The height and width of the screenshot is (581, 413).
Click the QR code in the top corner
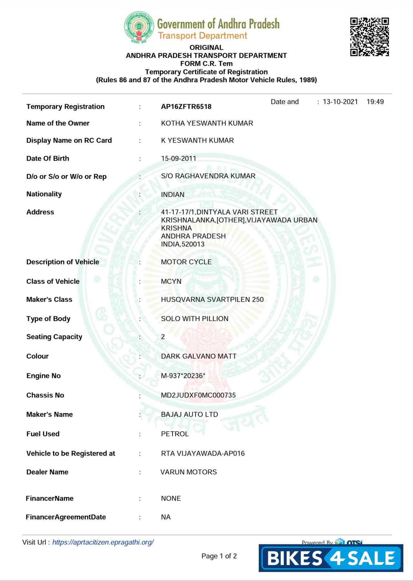(x=369, y=37)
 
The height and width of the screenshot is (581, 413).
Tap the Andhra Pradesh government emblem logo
(x=139, y=27)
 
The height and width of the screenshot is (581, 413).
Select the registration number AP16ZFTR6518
(x=186, y=107)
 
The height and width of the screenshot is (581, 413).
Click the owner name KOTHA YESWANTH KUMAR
(x=207, y=123)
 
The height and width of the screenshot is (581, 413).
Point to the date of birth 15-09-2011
(x=178, y=158)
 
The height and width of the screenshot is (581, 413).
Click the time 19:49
(x=375, y=102)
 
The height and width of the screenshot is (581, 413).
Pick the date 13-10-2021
(x=340, y=102)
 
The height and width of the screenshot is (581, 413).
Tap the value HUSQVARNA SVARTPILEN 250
(x=212, y=299)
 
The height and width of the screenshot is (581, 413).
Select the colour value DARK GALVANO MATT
(x=198, y=356)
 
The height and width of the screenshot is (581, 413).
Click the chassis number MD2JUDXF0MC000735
(x=198, y=395)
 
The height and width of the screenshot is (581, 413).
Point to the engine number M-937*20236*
(x=183, y=376)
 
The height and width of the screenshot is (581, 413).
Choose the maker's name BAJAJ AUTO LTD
(x=189, y=415)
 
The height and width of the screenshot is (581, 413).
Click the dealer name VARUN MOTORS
(x=188, y=472)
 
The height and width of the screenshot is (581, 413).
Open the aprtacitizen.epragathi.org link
(x=103, y=542)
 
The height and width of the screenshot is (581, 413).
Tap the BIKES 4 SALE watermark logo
(x=331, y=558)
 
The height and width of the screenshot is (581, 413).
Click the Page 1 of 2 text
(x=219, y=556)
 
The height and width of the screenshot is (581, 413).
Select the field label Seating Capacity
(x=54, y=337)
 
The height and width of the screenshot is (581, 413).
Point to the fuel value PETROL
(x=175, y=434)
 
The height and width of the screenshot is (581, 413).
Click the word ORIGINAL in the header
(x=206, y=48)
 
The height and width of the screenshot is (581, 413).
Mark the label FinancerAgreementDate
(x=66, y=517)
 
